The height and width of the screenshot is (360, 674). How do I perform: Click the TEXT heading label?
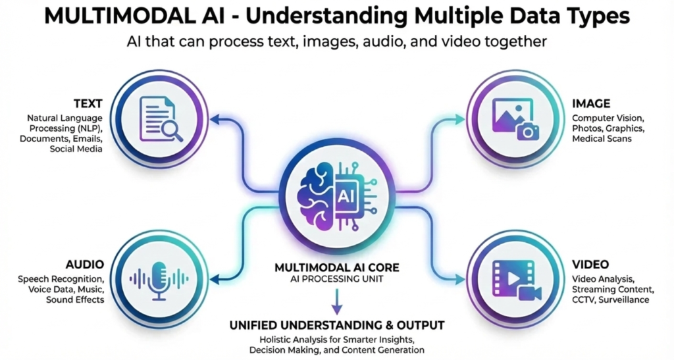[x=88, y=103]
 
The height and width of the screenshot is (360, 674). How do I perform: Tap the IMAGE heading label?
[x=591, y=103]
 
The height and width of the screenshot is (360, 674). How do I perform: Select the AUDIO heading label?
[x=85, y=264]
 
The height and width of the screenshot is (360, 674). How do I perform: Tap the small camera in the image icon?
[x=528, y=131]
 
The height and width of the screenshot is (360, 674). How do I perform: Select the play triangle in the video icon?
[x=515, y=278]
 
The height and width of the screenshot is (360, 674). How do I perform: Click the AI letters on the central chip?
[x=345, y=197]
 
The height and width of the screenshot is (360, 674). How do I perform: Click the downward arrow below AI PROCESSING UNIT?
[x=337, y=302]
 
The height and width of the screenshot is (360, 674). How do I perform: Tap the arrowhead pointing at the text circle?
[x=214, y=119]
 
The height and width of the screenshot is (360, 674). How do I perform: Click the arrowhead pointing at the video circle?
[x=461, y=280]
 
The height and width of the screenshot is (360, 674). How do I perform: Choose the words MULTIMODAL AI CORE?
[x=337, y=268]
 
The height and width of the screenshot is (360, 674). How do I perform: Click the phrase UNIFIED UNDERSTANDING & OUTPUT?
[x=337, y=325]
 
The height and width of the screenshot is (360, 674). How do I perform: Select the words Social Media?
[x=76, y=149]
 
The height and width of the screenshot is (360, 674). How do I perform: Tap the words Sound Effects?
[x=75, y=299]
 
